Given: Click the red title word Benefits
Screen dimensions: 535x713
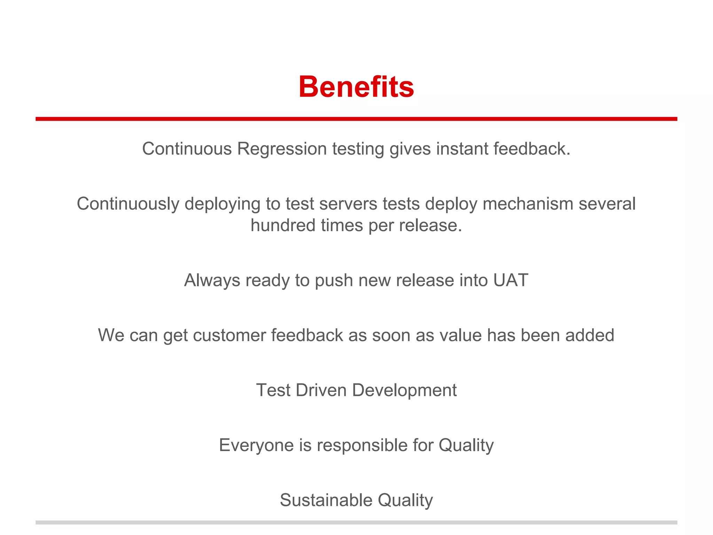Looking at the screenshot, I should click(x=356, y=87).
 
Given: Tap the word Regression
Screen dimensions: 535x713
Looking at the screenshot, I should click(x=282, y=149).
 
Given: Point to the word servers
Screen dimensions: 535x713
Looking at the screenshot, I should click(x=348, y=204).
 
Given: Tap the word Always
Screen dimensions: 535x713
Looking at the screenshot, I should click(x=212, y=280).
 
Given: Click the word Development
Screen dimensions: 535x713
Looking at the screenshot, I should click(x=404, y=391).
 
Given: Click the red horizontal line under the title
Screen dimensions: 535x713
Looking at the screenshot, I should click(x=356, y=119).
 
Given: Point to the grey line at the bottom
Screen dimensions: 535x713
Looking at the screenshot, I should click(x=356, y=522).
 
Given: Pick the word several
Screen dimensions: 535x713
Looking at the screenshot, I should click(x=607, y=204).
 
